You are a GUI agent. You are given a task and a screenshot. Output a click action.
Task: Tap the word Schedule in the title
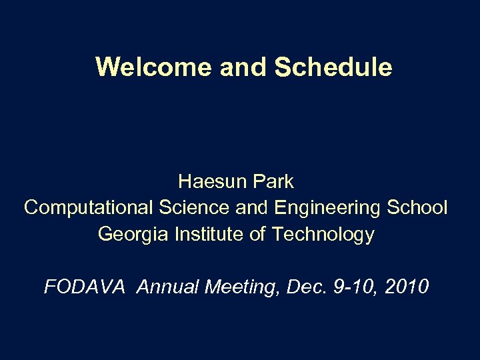point(333,67)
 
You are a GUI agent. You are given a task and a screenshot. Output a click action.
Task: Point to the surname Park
point(274,181)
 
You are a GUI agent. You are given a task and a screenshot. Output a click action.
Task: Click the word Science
point(194,207)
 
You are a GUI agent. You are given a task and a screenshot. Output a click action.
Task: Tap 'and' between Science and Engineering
point(251,207)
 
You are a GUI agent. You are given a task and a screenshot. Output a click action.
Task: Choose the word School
point(417,207)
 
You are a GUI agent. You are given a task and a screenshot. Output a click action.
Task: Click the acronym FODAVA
point(84,287)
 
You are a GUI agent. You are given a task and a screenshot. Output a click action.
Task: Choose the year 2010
point(406,287)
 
